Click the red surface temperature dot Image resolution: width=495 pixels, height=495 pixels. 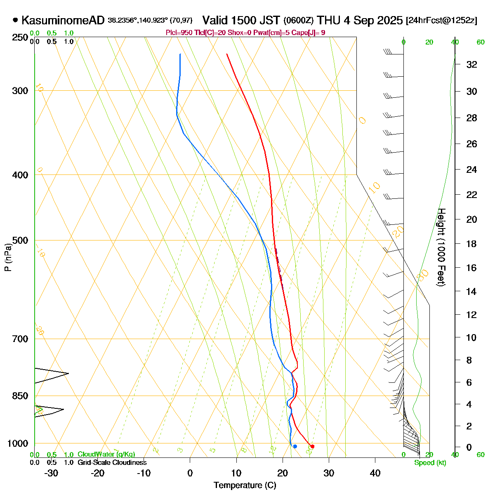pyautogui.click(x=312, y=446)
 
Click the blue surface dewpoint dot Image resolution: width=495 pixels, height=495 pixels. pyautogui.click(x=295, y=446)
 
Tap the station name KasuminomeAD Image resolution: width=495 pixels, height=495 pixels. pyautogui.click(x=63, y=20)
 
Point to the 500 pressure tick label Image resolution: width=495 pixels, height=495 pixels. pyautogui.click(x=21, y=240)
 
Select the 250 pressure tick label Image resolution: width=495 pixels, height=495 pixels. pyautogui.click(x=21, y=38)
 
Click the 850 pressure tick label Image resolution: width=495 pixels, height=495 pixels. pyautogui.click(x=21, y=396)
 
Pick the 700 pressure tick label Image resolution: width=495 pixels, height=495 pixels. pyautogui.click(x=21, y=339)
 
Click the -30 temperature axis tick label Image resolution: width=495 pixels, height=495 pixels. pyautogui.click(x=51, y=473)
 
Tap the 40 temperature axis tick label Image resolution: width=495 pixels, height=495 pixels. pyautogui.click(x=375, y=473)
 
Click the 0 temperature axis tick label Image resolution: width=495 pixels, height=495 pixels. pyautogui.click(x=190, y=473)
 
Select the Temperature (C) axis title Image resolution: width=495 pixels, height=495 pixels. pyautogui.click(x=245, y=485)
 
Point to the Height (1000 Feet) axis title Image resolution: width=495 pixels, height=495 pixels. pyautogui.click(x=441, y=247)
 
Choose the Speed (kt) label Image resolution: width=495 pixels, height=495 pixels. pyautogui.click(x=430, y=463)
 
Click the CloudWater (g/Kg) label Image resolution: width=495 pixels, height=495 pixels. pyautogui.click(x=106, y=454)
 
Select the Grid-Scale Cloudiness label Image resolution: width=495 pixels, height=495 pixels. pyautogui.click(x=112, y=462)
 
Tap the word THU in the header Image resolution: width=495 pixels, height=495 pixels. pyautogui.click(x=330, y=20)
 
